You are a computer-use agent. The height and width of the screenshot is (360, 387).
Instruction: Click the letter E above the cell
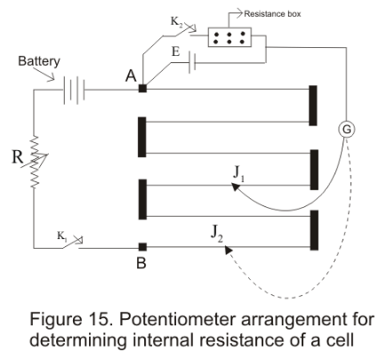[176, 54]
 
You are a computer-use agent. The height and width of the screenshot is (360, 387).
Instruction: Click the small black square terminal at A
[143, 88]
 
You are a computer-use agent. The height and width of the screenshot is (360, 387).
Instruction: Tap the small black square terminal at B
[142, 246]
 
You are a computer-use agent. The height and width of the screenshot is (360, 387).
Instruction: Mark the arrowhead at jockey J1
[224, 186]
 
